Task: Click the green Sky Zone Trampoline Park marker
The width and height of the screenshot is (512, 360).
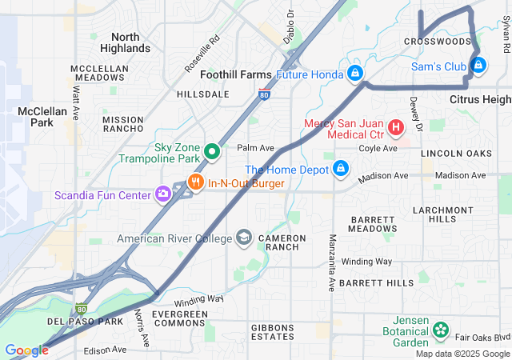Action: click(x=212, y=151)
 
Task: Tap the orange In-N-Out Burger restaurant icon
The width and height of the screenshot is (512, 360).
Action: click(x=196, y=183)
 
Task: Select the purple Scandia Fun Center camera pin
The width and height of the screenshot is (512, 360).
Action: click(x=164, y=193)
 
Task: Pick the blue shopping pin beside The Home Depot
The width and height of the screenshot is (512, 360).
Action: click(x=341, y=169)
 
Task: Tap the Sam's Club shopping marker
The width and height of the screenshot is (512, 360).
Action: click(x=478, y=65)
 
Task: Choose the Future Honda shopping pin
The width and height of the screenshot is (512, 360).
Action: click(x=354, y=74)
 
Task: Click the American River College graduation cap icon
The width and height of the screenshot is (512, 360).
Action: click(x=244, y=238)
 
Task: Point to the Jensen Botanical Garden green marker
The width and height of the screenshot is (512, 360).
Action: click(x=440, y=330)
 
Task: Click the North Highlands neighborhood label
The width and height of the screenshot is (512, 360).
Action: click(x=125, y=42)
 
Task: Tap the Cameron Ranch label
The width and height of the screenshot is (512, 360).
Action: click(x=281, y=243)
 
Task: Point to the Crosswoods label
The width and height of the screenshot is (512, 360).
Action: click(x=437, y=41)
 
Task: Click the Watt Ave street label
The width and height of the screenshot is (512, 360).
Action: click(x=76, y=98)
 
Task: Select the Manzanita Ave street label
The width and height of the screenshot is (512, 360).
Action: click(x=331, y=262)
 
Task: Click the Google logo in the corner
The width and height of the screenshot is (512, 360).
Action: click(x=26, y=350)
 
